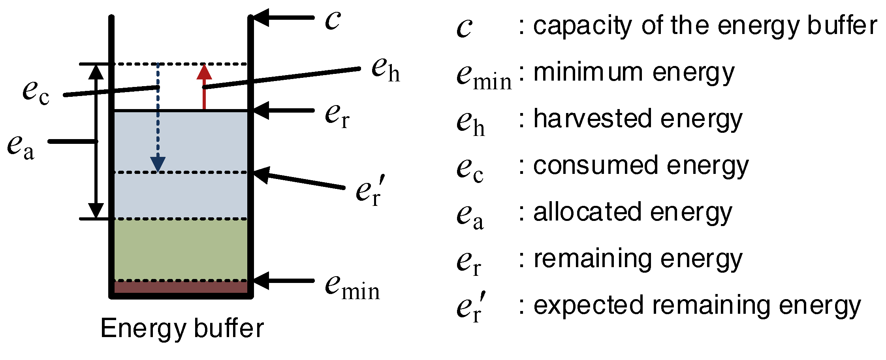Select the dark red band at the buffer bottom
coord(181,287)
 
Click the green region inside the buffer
coord(181,249)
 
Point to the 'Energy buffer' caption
coord(182,328)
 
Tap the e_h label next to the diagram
coord(386,70)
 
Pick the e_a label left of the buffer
coord(21,147)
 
